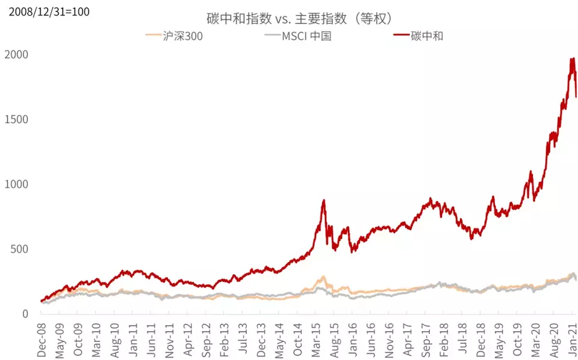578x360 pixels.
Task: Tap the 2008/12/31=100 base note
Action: click(x=45, y=11)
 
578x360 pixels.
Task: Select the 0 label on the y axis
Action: click(x=25, y=314)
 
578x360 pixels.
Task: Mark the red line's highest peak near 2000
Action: click(x=571, y=58)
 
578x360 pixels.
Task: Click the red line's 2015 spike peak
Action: click(x=324, y=200)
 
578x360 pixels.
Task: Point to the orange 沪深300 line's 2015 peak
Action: click(x=324, y=277)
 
